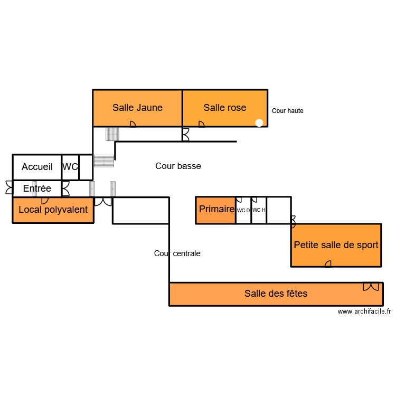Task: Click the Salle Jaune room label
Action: point(137,108)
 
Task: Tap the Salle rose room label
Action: point(225,108)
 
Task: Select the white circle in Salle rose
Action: point(259,122)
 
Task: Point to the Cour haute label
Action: point(287,111)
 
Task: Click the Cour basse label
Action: point(178,166)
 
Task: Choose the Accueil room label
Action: point(37,167)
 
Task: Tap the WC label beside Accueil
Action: point(70,167)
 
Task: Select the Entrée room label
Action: point(37,188)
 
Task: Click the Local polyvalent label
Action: point(53,210)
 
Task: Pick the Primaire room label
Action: point(216,209)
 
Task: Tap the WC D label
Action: point(243,210)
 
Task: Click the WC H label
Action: point(259,210)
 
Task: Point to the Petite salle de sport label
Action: point(336,245)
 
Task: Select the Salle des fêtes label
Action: point(276,294)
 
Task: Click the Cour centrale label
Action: point(177,253)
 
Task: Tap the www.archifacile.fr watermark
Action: point(364,312)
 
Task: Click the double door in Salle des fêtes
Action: point(371,287)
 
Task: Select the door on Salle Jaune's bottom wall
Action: point(133,124)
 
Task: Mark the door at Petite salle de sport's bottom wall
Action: point(328,263)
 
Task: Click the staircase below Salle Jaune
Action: point(112,134)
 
